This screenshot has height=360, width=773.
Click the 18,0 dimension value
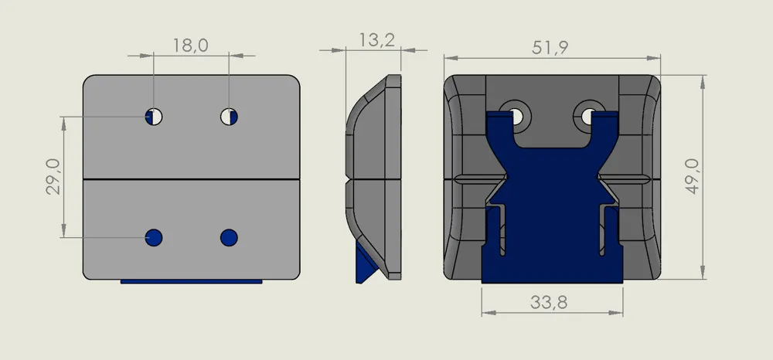pyautogui.click(x=190, y=46)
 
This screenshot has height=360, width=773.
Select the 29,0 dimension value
pyautogui.click(x=53, y=177)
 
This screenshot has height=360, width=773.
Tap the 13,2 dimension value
pyautogui.click(x=376, y=40)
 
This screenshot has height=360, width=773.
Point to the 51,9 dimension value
pyautogui.click(x=550, y=48)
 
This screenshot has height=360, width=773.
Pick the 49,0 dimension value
pyautogui.click(x=693, y=177)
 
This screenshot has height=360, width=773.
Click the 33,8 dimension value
pyautogui.click(x=549, y=302)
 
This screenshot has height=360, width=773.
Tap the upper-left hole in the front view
pyautogui.click(x=154, y=117)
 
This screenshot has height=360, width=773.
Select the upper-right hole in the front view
pyautogui.click(x=229, y=117)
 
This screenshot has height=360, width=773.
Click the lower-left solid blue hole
pyautogui.click(x=154, y=237)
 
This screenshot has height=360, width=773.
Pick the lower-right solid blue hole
pyautogui.click(x=229, y=237)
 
